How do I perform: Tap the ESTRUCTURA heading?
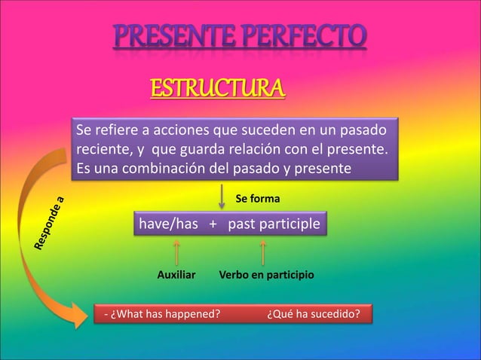coord(218,89)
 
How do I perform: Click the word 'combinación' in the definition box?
coord(165,168)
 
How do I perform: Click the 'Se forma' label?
coord(258,200)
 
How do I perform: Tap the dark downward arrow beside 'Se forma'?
coord(221,197)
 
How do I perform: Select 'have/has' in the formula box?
coord(164,224)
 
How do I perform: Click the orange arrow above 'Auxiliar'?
coord(176,253)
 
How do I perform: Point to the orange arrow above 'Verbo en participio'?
coord(262,253)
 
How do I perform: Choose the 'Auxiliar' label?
coord(176,277)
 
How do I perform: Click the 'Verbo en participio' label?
coord(266,277)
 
